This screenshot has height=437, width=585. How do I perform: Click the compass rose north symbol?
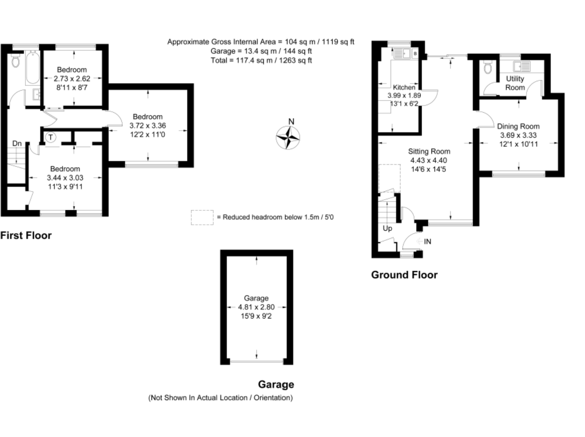click(288, 138)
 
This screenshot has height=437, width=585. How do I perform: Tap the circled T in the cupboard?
click(51, 137)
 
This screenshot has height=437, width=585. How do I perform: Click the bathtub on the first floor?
click(33, 67)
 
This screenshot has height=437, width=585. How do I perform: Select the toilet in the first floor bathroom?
click(16, 61)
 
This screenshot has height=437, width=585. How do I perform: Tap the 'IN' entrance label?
click(427, 242)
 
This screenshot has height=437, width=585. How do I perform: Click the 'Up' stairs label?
click(387, 228)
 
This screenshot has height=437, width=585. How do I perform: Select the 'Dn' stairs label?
click(17, 144)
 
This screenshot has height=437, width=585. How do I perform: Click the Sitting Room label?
click(429, 151)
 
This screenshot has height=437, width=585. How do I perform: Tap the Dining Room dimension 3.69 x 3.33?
click(518, 135)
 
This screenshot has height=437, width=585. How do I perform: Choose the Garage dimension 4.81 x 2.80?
click(256, 307)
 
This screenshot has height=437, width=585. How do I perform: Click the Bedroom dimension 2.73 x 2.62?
click(72, 78)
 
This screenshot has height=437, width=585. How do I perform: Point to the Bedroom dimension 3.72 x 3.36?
click(148, 126)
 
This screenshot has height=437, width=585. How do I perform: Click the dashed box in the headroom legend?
click(202, 217)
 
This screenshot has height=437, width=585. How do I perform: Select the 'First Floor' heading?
click(26, 235)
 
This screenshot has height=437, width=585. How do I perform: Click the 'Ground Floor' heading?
click(404, 275)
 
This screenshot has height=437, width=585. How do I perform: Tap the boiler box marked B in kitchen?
click(415, 53)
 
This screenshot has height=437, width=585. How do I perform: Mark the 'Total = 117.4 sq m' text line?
click(261, 60)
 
